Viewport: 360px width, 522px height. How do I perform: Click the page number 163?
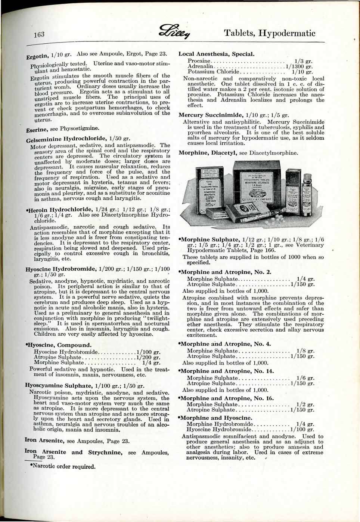coord(38,35)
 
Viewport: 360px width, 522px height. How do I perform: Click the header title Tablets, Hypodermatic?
coord(270,33)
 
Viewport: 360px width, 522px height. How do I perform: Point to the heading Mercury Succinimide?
coord(213,115)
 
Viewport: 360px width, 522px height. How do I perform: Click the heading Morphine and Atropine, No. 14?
coord(227,371)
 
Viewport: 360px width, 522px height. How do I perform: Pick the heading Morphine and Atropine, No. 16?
coord(227,398)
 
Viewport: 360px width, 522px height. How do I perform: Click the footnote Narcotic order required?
coord(62,466)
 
